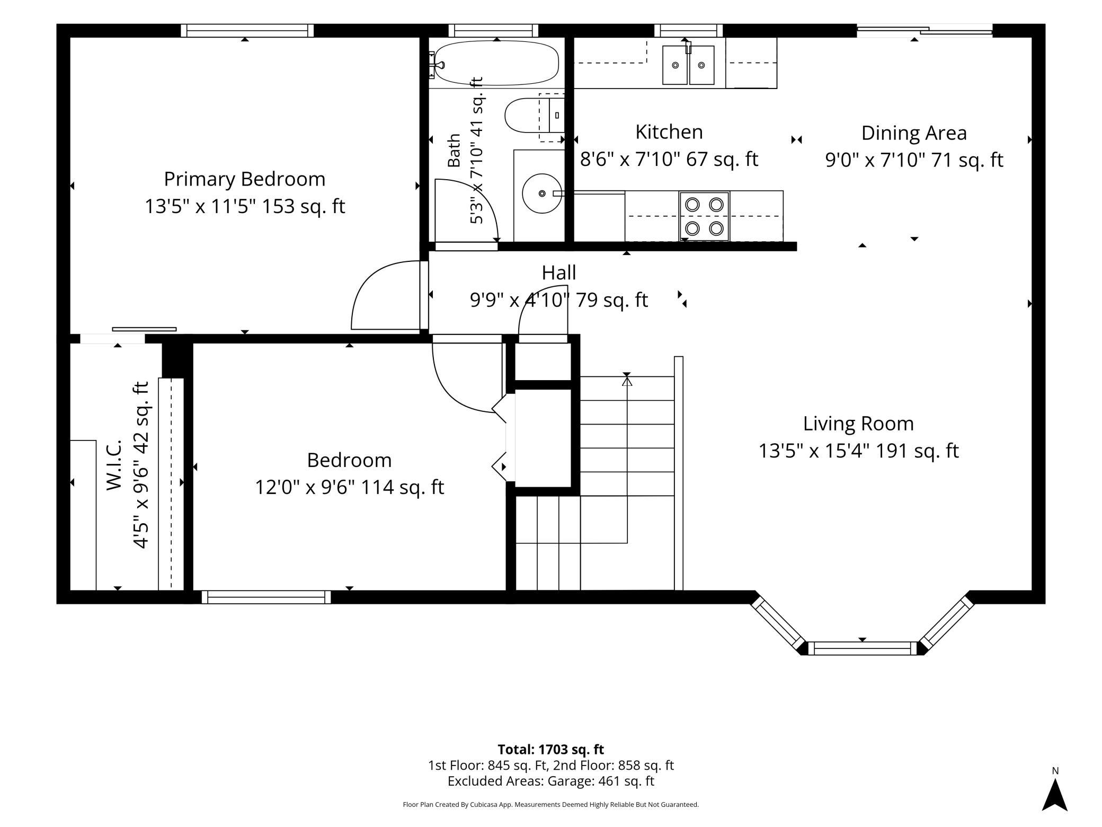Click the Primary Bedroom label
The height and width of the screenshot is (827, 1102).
[x=244, y=179]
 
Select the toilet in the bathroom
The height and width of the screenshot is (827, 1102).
[x=534, y=115]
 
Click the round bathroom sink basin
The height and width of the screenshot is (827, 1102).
[x=541, y=193]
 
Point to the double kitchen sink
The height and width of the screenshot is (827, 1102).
[x=688, y=65]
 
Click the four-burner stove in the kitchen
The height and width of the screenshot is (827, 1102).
[x=704, y=216]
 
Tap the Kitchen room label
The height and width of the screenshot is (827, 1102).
[x=669, y=131]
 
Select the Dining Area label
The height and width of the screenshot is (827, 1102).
[x=914, y=133]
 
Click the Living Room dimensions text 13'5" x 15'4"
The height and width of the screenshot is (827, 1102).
[x=814, y=451]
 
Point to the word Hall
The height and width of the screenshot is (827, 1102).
[x=558, y=272]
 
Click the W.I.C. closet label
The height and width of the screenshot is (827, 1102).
[x=114, y=464]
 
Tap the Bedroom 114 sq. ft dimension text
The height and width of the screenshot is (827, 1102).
[x=349, y=487]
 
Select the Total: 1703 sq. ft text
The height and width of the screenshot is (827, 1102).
[x=550, y=749]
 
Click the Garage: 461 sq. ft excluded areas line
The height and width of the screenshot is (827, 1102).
[x=550, y=781]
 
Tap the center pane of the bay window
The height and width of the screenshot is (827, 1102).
[x=862, y=648]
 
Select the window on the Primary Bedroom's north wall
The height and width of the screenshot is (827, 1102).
[x=247, y=31]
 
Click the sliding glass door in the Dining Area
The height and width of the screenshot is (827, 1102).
[x=925, y=30]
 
